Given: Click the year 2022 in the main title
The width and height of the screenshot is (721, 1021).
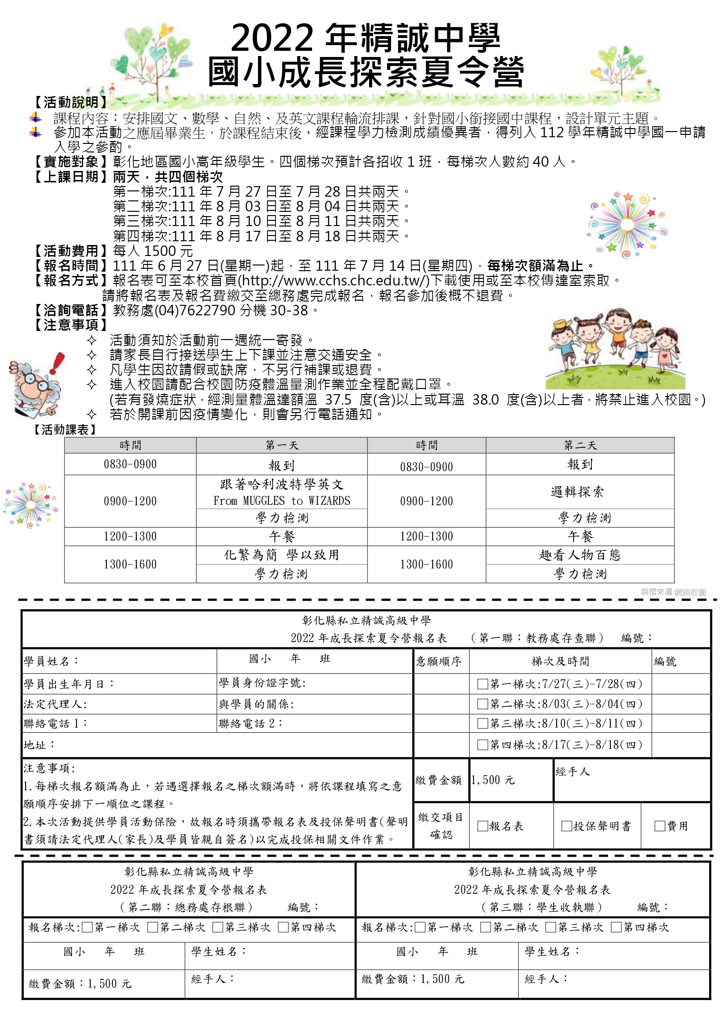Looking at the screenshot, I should [x=272, y=38].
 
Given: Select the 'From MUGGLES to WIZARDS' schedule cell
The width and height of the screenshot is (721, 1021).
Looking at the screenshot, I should [x=282, y=501].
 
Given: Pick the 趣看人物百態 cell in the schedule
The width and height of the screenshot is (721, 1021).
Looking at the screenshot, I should [x=579, y=555].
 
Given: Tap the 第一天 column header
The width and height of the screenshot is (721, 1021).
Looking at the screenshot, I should [x=282, y=445].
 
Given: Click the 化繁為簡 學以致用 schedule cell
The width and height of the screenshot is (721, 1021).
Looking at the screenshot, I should [x=282, y=555].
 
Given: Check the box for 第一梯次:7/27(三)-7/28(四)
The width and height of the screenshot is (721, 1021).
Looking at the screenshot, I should [x=483, y=684].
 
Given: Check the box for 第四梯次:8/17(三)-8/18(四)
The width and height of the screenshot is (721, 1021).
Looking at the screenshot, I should [x=483, y=745].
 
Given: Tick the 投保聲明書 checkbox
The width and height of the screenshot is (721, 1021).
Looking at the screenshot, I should [x=566, y=826].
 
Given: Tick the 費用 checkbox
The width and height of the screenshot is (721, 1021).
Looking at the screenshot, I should [x=660, y=826].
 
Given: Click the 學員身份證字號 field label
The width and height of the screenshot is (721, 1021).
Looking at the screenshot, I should [x=262, y=683].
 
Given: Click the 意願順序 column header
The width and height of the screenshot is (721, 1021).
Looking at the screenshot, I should [x=438, y=662].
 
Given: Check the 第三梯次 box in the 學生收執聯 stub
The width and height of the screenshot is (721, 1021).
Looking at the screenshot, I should [x=550, y=927].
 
